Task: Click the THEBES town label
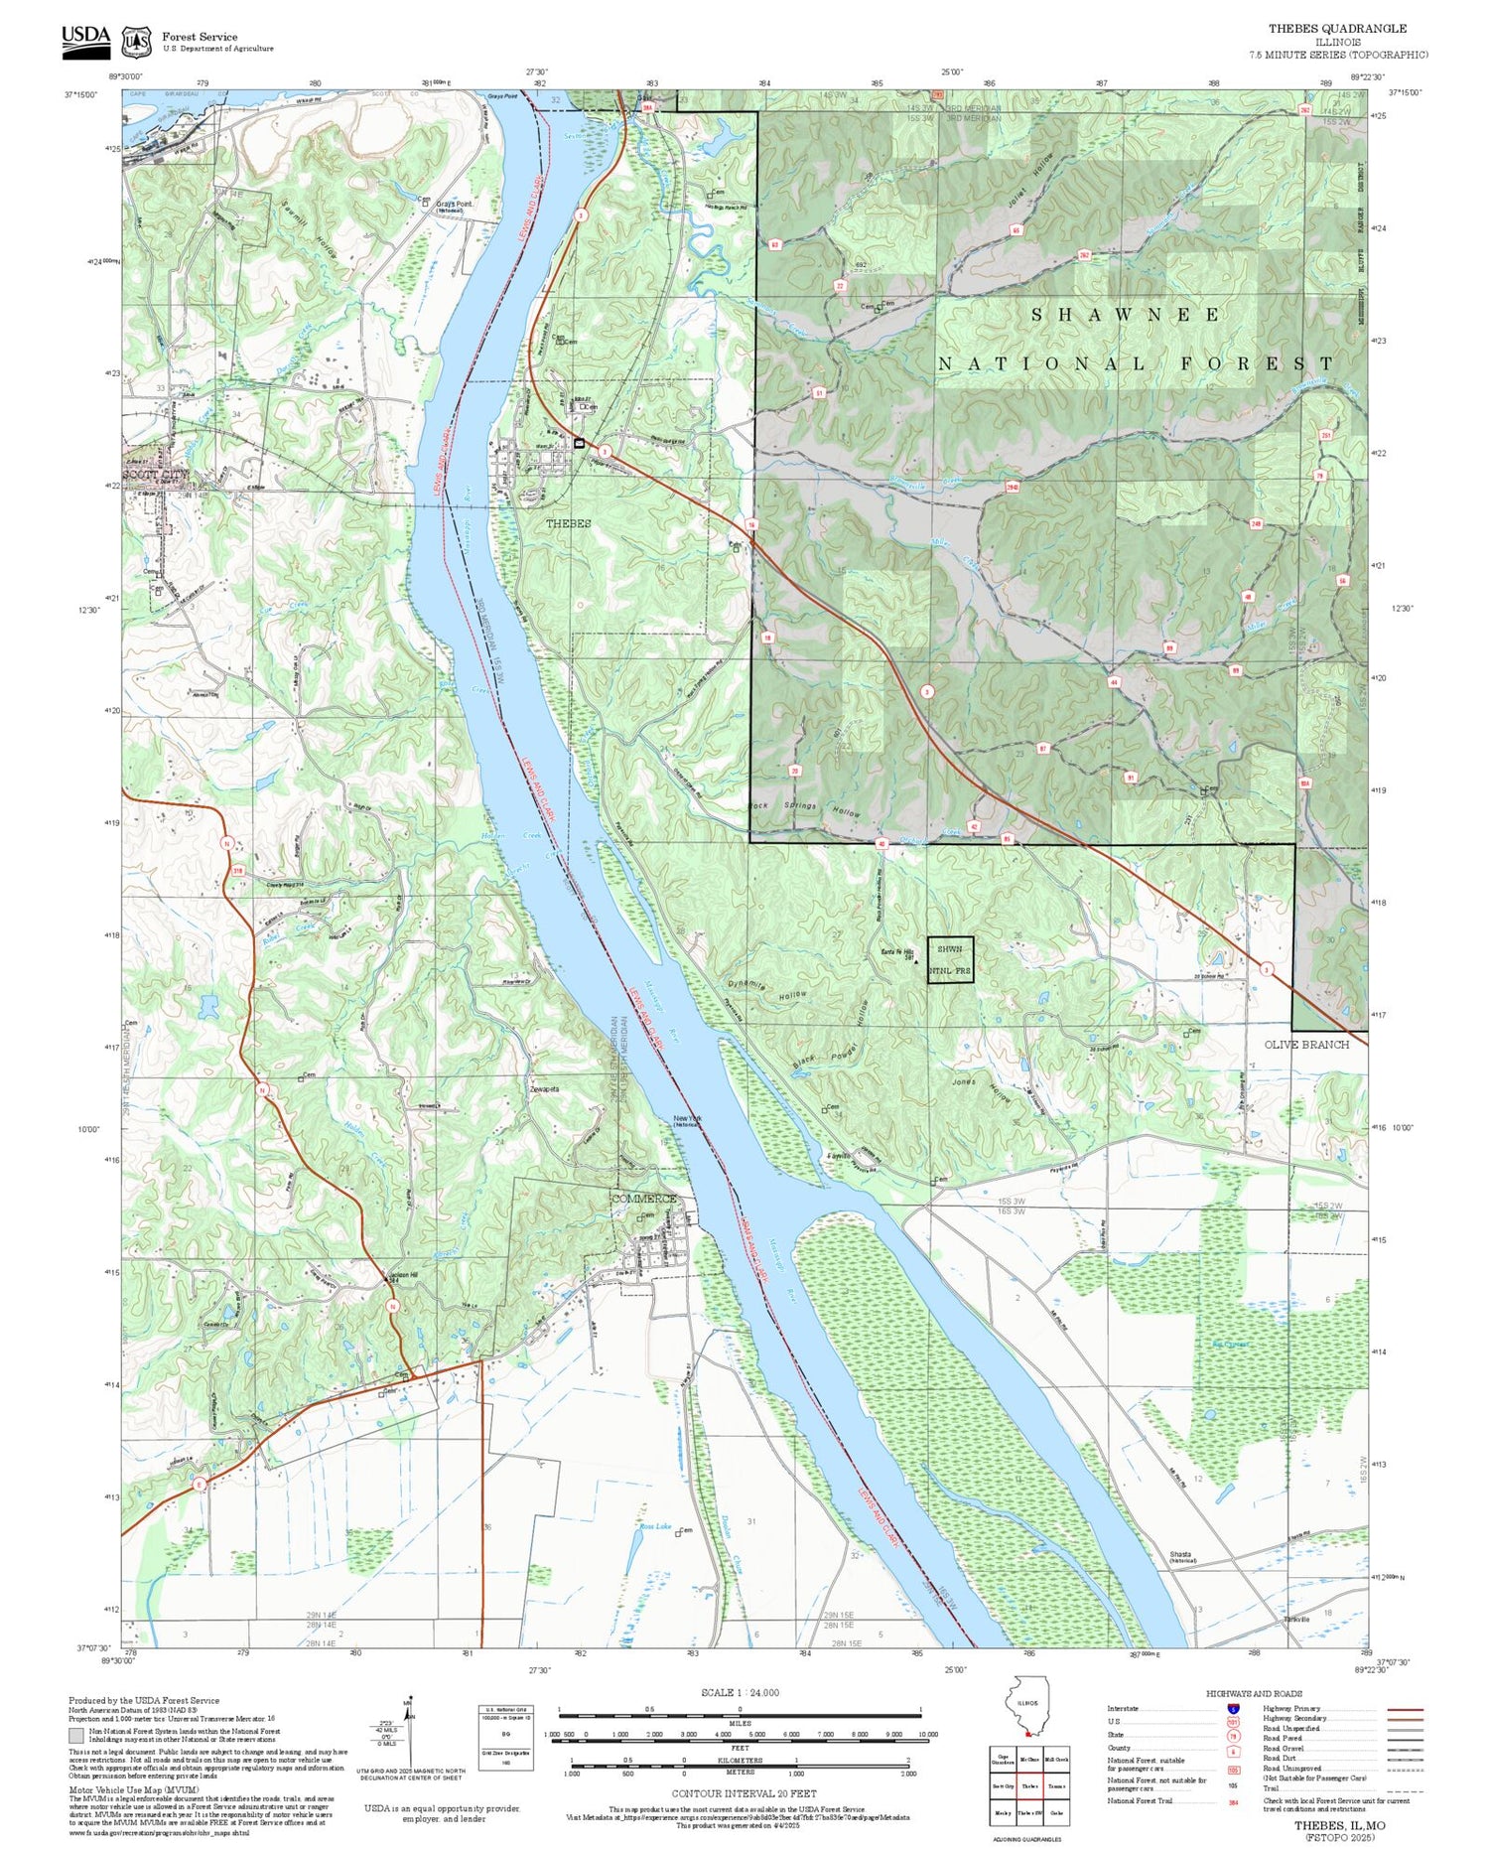click(x=568, y=523)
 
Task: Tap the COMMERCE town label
click(x=642, y=1199)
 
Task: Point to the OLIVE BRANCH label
click(x=1306, y=1045)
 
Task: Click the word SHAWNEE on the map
click(x=1126, y=315)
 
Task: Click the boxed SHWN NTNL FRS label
click(x=950, y=960)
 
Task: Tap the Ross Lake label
click(x=655, y=1526)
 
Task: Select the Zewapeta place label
click(x=545, y=1089)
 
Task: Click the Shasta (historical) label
click(x=1182, y=1557)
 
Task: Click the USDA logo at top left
click(x=86, y=40)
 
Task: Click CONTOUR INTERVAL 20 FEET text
click(x=744, y=1793)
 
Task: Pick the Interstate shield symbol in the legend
click(x=1233, y=1709)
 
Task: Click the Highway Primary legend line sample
click(x=1401, y=1710)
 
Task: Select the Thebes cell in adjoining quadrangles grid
click(x=1028, y=1785)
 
